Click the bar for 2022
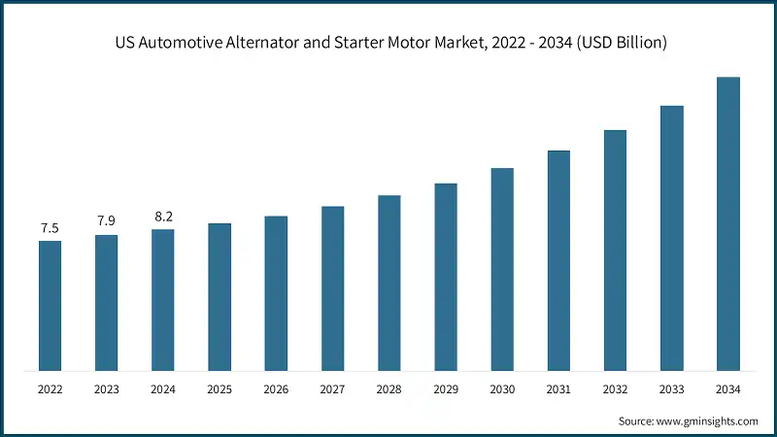(50, 306)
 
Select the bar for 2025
(220, 297)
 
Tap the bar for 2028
(388, 283)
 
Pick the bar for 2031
(558, 260)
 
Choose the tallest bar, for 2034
(728, 223)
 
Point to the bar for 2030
(502, 269)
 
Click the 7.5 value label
(50, 228)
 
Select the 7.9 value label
(106, 221)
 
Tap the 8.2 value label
(163, 217)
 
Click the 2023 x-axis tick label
(106, 389)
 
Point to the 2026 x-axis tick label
(276, 389)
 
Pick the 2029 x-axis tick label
(446, 389)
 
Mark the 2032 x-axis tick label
(615, 389)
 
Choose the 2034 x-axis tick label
(728, 389)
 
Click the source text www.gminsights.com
(708, 420)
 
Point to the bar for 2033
(672, 238)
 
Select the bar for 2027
(332, 288)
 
